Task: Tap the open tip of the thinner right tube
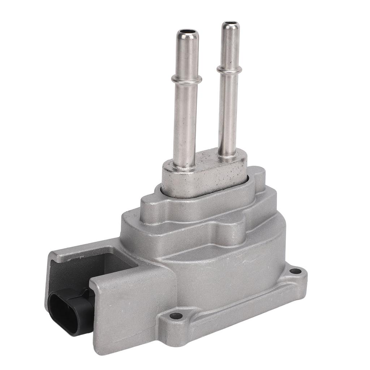pos(231,26)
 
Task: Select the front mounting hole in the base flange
pos(176,315)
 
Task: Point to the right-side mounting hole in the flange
pos(295,271)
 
